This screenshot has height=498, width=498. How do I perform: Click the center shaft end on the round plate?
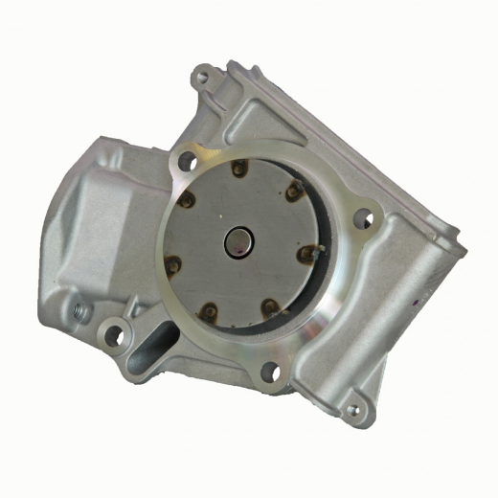tap(237, 242)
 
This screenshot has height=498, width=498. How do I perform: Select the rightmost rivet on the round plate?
tap(307, 254)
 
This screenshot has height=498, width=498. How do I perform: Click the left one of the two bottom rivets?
tap(208, 310)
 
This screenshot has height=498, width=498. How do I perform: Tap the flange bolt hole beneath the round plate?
tap(270, 372)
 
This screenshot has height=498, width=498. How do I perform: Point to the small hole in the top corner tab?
tap(201, 72)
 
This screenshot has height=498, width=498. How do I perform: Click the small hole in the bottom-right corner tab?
tap(352, 411)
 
